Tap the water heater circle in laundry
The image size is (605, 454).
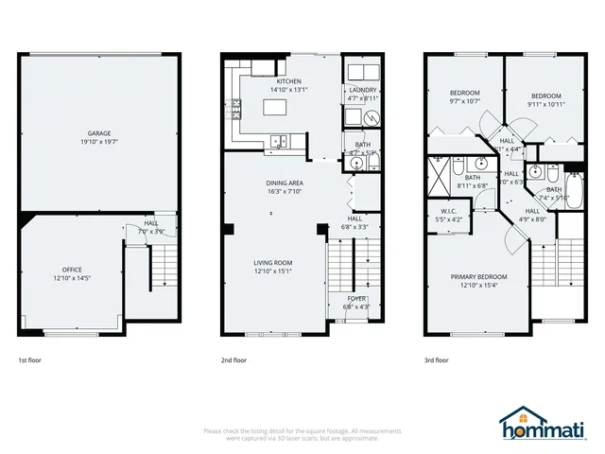[372, 117]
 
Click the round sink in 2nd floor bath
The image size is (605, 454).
[357, 163]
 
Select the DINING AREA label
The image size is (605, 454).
[284, 182]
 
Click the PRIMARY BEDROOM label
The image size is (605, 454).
[478, 276]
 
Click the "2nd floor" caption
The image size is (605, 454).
[233, 360]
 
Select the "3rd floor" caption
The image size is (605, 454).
[436, 360]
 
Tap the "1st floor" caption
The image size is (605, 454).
[29, 360]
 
